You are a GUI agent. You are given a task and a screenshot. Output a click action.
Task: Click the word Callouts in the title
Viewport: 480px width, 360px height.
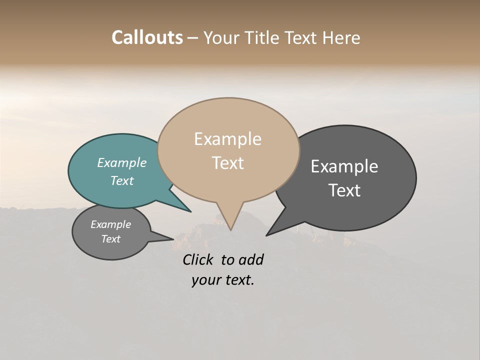pyautogui.click(x=147, y=38)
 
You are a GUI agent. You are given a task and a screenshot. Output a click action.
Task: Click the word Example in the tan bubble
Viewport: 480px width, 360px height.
pyautogui.click(x=227, y=139)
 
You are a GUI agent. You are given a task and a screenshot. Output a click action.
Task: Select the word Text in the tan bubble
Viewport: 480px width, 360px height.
pyautogui.click(x=227, y=163)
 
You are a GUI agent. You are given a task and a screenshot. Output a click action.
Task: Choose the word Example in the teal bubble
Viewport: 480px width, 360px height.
pyautogui.click(x=121, y=163)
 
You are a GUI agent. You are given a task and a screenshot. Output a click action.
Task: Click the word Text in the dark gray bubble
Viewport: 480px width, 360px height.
pyautogui.click(x=344, y=190)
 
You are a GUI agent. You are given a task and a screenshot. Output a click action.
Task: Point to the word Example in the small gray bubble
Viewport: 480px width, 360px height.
pyautogui.click(x=110, y=225)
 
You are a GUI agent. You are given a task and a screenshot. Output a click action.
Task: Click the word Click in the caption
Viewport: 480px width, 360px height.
pyautogui.click(x=199, y=259)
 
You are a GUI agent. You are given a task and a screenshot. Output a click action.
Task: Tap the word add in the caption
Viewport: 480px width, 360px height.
pyautogui.click(x=251, y=259)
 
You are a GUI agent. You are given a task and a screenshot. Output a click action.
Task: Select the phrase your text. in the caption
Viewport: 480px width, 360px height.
pyautogui.click(x=223, y=280)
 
